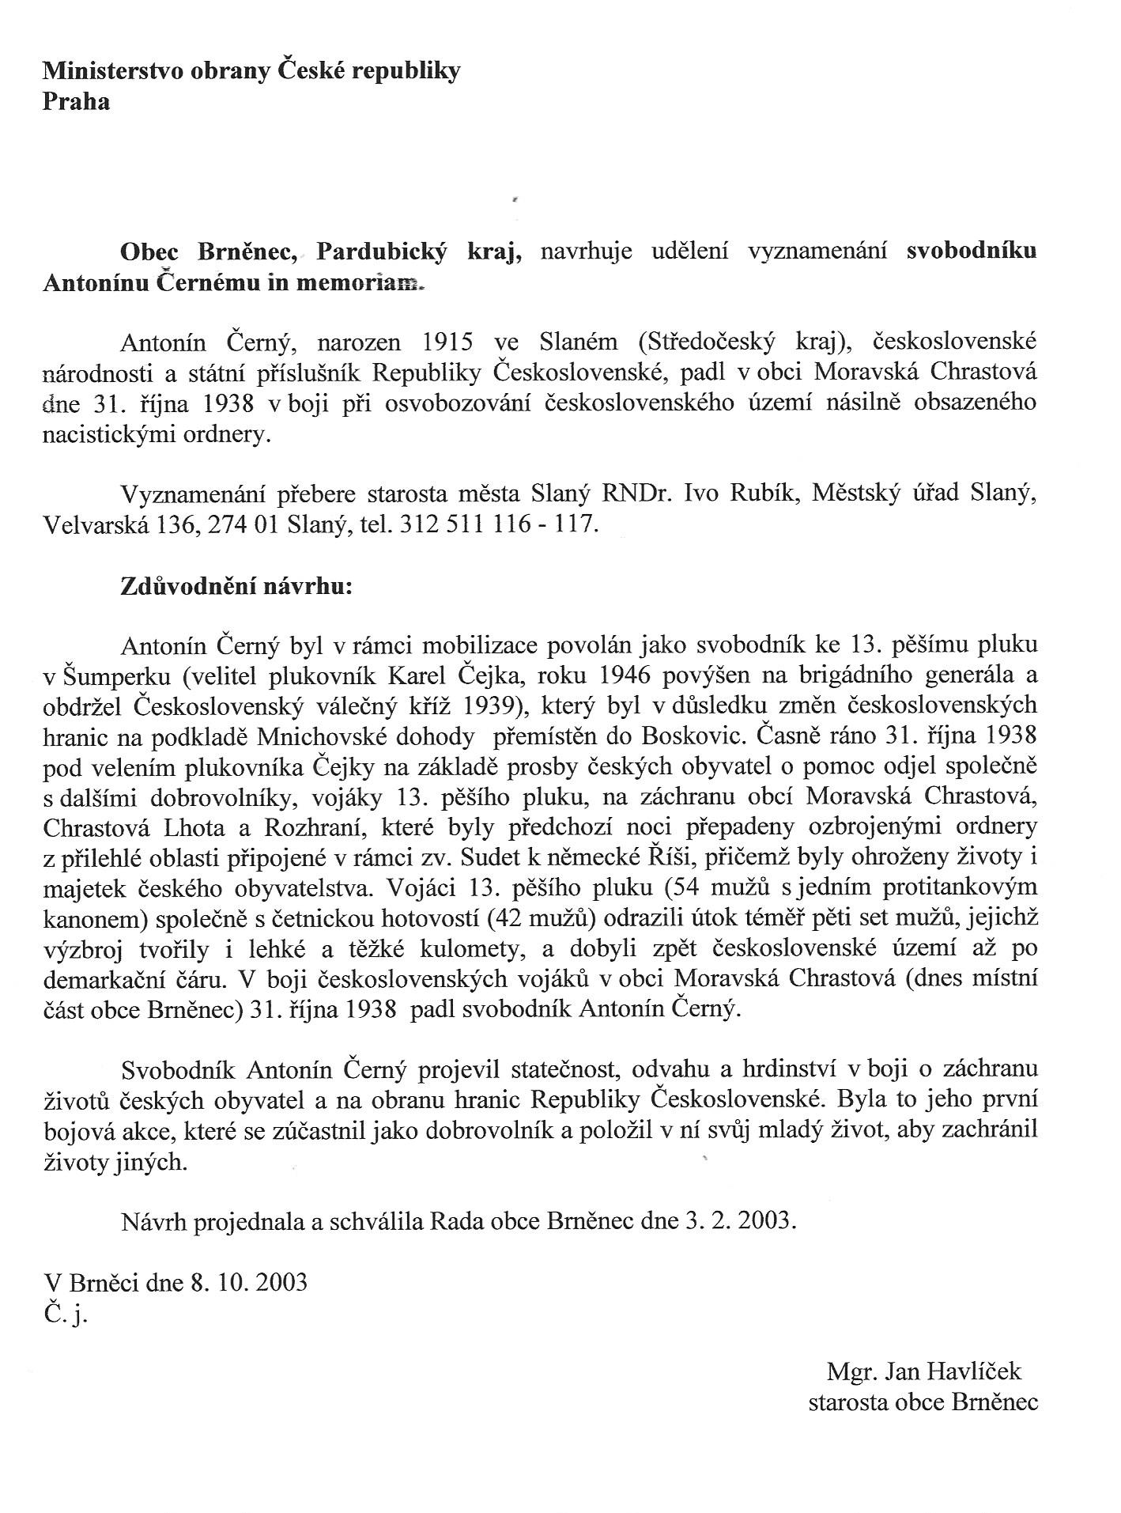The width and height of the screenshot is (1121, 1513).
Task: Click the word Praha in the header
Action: click(x=76, y=102)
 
